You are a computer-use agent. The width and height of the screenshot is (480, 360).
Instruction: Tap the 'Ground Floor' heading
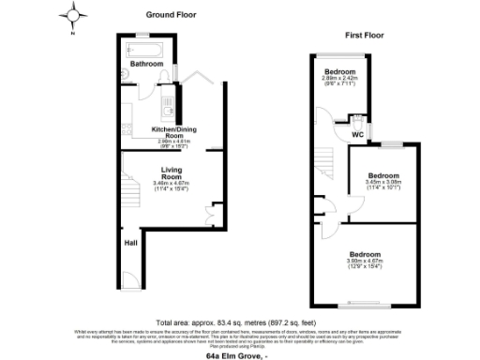pyautogui.click(x=172, y=15)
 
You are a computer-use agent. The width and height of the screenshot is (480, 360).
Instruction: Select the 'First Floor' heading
pyautogui.click(x=365, y=36)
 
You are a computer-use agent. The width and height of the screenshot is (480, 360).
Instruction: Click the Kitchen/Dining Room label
pyautogui.click(x=172, y=131)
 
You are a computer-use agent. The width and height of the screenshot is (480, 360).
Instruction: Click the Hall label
pyautogui.click(x=131, y=243)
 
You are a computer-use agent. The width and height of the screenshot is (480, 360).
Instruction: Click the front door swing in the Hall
pyautogui.click(x=130, y=278)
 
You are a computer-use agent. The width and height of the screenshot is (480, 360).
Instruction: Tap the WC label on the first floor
pyautogui.click(x=357, y=134)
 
